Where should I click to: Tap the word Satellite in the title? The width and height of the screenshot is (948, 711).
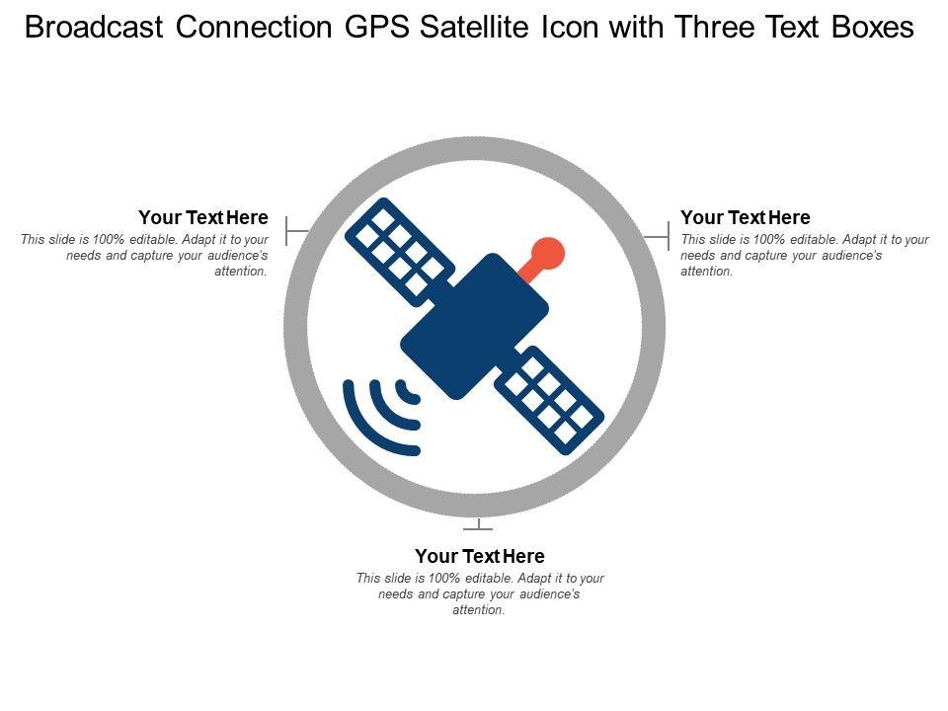click(x=475, y=28)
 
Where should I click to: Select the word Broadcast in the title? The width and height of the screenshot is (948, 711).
click(x=94, y=28)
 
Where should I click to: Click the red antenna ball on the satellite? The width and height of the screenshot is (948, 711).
click(x=548, y=254)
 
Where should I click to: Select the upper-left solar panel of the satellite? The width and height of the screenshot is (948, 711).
click(x=400, y=252)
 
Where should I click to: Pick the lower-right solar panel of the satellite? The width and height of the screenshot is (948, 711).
click(x=549, y=400)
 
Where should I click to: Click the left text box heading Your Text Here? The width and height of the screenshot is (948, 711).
click(x=203, y=217)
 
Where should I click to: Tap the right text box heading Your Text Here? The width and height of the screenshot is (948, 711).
click(x=746, y=217)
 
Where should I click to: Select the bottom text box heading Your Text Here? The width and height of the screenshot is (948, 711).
click(x=480, y=556)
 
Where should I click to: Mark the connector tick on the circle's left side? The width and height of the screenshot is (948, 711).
click(x=297, y=230)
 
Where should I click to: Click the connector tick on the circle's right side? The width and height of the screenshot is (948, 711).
click(x=658, y=236)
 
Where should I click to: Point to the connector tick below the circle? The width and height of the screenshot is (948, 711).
click(x=478, y=524)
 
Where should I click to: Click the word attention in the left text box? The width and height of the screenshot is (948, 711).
click(x=241, y=272)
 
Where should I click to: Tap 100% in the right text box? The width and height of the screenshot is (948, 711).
click(x=769, y=239)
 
